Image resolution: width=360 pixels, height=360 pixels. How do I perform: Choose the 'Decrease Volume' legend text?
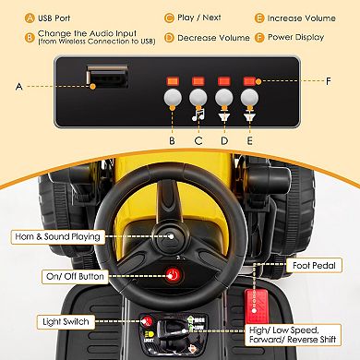[x=214, y=38]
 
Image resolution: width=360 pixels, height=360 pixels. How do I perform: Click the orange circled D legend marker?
[x=169, y=38]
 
